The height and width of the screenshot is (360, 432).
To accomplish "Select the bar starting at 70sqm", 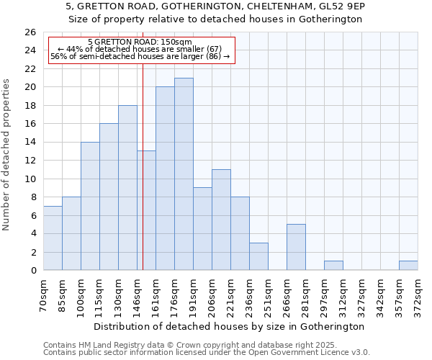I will point(53,238).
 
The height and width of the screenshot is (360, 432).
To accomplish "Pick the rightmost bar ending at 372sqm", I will point(408,266).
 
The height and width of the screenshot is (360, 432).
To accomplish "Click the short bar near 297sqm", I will point(333,266).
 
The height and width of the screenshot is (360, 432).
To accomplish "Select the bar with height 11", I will point(221,220).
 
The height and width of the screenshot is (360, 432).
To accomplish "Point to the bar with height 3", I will point(258,256).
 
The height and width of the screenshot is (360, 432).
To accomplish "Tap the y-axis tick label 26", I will point(30,32).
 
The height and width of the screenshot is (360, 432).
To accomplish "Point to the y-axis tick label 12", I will point(30,161).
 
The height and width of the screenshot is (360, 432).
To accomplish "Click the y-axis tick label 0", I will point(32,271).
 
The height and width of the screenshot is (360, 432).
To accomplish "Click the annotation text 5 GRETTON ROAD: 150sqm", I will point(140,42).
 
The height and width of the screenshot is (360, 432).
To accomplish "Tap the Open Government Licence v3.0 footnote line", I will point(207,352).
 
